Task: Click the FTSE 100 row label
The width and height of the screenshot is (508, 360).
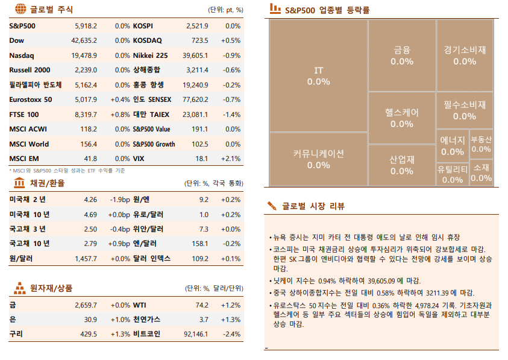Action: tap(24, 115)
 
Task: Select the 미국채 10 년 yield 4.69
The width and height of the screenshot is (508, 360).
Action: tap(90, 215)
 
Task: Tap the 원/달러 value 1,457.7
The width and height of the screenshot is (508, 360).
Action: tap(86, 259)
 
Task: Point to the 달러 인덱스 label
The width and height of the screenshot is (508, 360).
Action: tap(152, 259)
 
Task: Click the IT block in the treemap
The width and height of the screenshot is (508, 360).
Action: tap(318, 76)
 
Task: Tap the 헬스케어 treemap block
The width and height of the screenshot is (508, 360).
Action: tap(401, 118)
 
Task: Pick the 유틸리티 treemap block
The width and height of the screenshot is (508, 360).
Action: tap(452, 174)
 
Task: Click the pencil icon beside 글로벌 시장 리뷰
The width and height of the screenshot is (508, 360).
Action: tap(272, 206)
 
